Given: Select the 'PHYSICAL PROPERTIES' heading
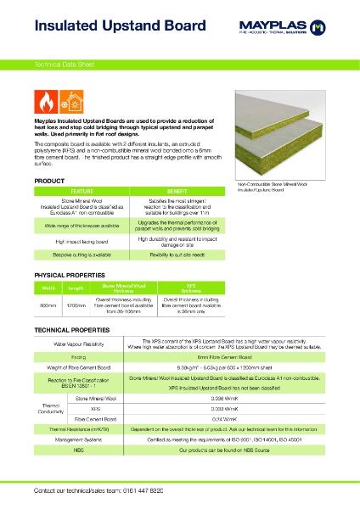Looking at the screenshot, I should (x=69, y=276).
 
